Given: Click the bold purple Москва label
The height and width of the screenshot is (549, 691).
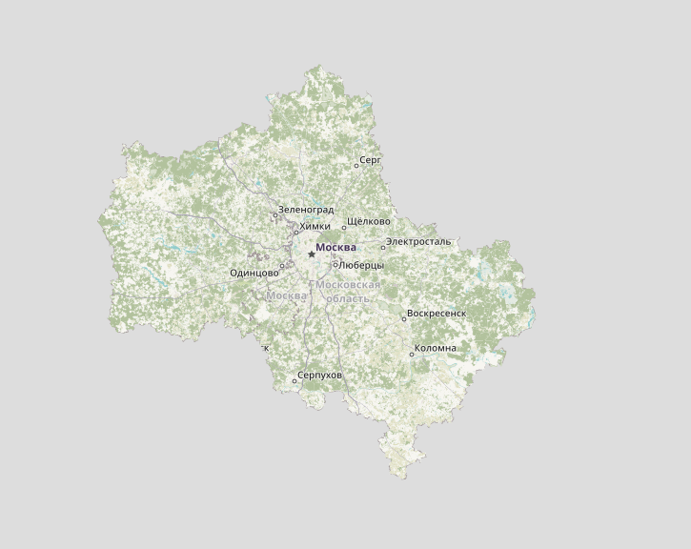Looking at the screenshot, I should [335, 248].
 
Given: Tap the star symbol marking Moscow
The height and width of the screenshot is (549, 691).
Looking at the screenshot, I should [312, 254].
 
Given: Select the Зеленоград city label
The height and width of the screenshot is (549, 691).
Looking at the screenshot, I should [306, 210].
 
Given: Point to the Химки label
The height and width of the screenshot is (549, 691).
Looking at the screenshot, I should [315, 227].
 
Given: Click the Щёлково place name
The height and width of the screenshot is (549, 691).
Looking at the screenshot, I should [369, 222].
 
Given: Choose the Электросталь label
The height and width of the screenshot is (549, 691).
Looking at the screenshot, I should [418, 242].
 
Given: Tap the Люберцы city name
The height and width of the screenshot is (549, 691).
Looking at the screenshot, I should [361, 265].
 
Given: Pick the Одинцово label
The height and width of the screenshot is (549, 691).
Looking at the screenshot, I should [254, 274].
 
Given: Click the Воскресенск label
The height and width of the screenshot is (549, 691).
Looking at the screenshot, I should [437, 313].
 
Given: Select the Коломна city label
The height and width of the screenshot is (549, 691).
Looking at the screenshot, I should [436, 348].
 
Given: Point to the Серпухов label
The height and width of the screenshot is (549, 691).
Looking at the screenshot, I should [319, 376].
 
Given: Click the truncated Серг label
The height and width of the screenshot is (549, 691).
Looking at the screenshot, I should [371, 160].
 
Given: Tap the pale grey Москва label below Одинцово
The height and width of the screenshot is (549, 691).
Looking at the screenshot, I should [287, 295].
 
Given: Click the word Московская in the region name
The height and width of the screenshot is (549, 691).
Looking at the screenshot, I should [348, 285].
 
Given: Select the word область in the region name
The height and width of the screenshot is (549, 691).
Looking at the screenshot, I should [348, 298].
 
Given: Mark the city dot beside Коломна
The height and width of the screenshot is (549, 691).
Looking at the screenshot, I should [412, 355].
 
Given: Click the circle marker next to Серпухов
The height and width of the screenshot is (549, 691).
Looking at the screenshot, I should [295, 381].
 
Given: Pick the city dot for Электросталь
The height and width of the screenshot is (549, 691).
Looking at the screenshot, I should [383, 248].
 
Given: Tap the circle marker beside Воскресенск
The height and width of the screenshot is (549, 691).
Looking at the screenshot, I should [404, 319].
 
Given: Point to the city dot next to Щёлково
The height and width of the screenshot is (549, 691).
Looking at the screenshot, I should [344, 228].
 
